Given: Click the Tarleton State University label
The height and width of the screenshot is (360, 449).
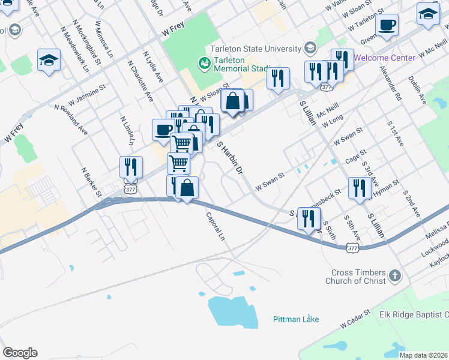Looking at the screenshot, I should click(x=255, y=49).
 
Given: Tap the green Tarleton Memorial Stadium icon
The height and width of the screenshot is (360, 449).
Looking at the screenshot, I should click(x=203, y=62).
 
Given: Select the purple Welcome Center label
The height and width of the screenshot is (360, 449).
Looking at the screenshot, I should click(x=384, y=58).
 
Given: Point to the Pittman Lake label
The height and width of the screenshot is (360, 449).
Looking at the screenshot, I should click(x=296, y=319).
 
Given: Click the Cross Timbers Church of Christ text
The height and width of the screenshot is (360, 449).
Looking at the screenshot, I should click(x=355, y=276).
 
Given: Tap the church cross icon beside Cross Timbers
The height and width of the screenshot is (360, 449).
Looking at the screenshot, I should click(x=394, y=275).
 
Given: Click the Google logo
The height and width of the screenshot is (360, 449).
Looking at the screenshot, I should click(x=20, y=353).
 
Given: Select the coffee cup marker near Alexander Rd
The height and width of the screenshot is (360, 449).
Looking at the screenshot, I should click(x=387, y=25).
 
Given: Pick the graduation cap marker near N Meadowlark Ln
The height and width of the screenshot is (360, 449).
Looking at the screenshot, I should click(x=49, y=59).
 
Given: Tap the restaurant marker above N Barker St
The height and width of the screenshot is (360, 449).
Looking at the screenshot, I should click(x=131, y=167).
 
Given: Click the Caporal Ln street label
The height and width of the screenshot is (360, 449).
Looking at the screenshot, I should click(x=215, y=227).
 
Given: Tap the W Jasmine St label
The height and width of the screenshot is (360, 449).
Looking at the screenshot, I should click(x=86, y=94).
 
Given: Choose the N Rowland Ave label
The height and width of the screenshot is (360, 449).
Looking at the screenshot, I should click(x=71, y=119).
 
